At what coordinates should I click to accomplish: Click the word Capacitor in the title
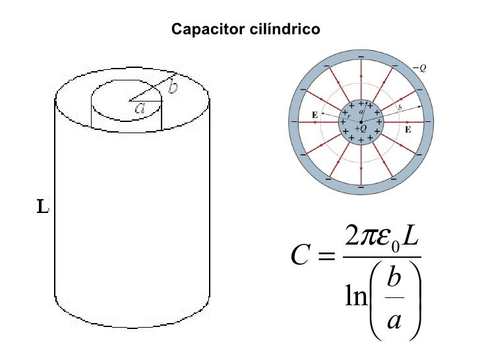pyautogui.click(x=208, y=30)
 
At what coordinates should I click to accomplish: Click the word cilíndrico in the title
pyautogui.click(x=285, y=29)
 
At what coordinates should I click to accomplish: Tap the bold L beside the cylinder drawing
pyautogui.click(x=43, y=206)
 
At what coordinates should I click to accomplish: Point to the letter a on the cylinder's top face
pyautogui.click(x=140, y=107)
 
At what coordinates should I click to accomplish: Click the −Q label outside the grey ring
pyautogui.click(x=419, y=68)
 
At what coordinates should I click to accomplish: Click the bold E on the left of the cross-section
pyautogui.click(x=315, y=115)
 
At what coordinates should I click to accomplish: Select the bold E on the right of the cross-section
pyautogui.click(x=407, y=129)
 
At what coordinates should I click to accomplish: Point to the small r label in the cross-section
pyautogui.click(x=349, y=116)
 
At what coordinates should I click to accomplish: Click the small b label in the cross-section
pyautogui.click(x=400, y=107)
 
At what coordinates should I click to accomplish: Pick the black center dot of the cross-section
pyautogui.click(x=361, y=122)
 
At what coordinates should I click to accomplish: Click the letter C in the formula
pyautogui.click(x=300, y=255)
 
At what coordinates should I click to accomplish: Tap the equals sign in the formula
pyautogui.click(x=326, y=255)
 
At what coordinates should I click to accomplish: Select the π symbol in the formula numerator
pyautogui.click(x=369, y=239)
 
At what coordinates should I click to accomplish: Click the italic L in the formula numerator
pyautogui.click(x=409, y=235)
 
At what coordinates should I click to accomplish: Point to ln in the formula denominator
pyautogui.click(x=356, y=295)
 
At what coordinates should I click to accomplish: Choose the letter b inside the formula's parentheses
pyautogui.click(x=394, y=276)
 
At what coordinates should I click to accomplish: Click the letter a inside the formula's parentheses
pyautogui.click(x=394, y=321)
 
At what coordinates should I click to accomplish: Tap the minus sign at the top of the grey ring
pyautogui.click(x=361, y=57)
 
